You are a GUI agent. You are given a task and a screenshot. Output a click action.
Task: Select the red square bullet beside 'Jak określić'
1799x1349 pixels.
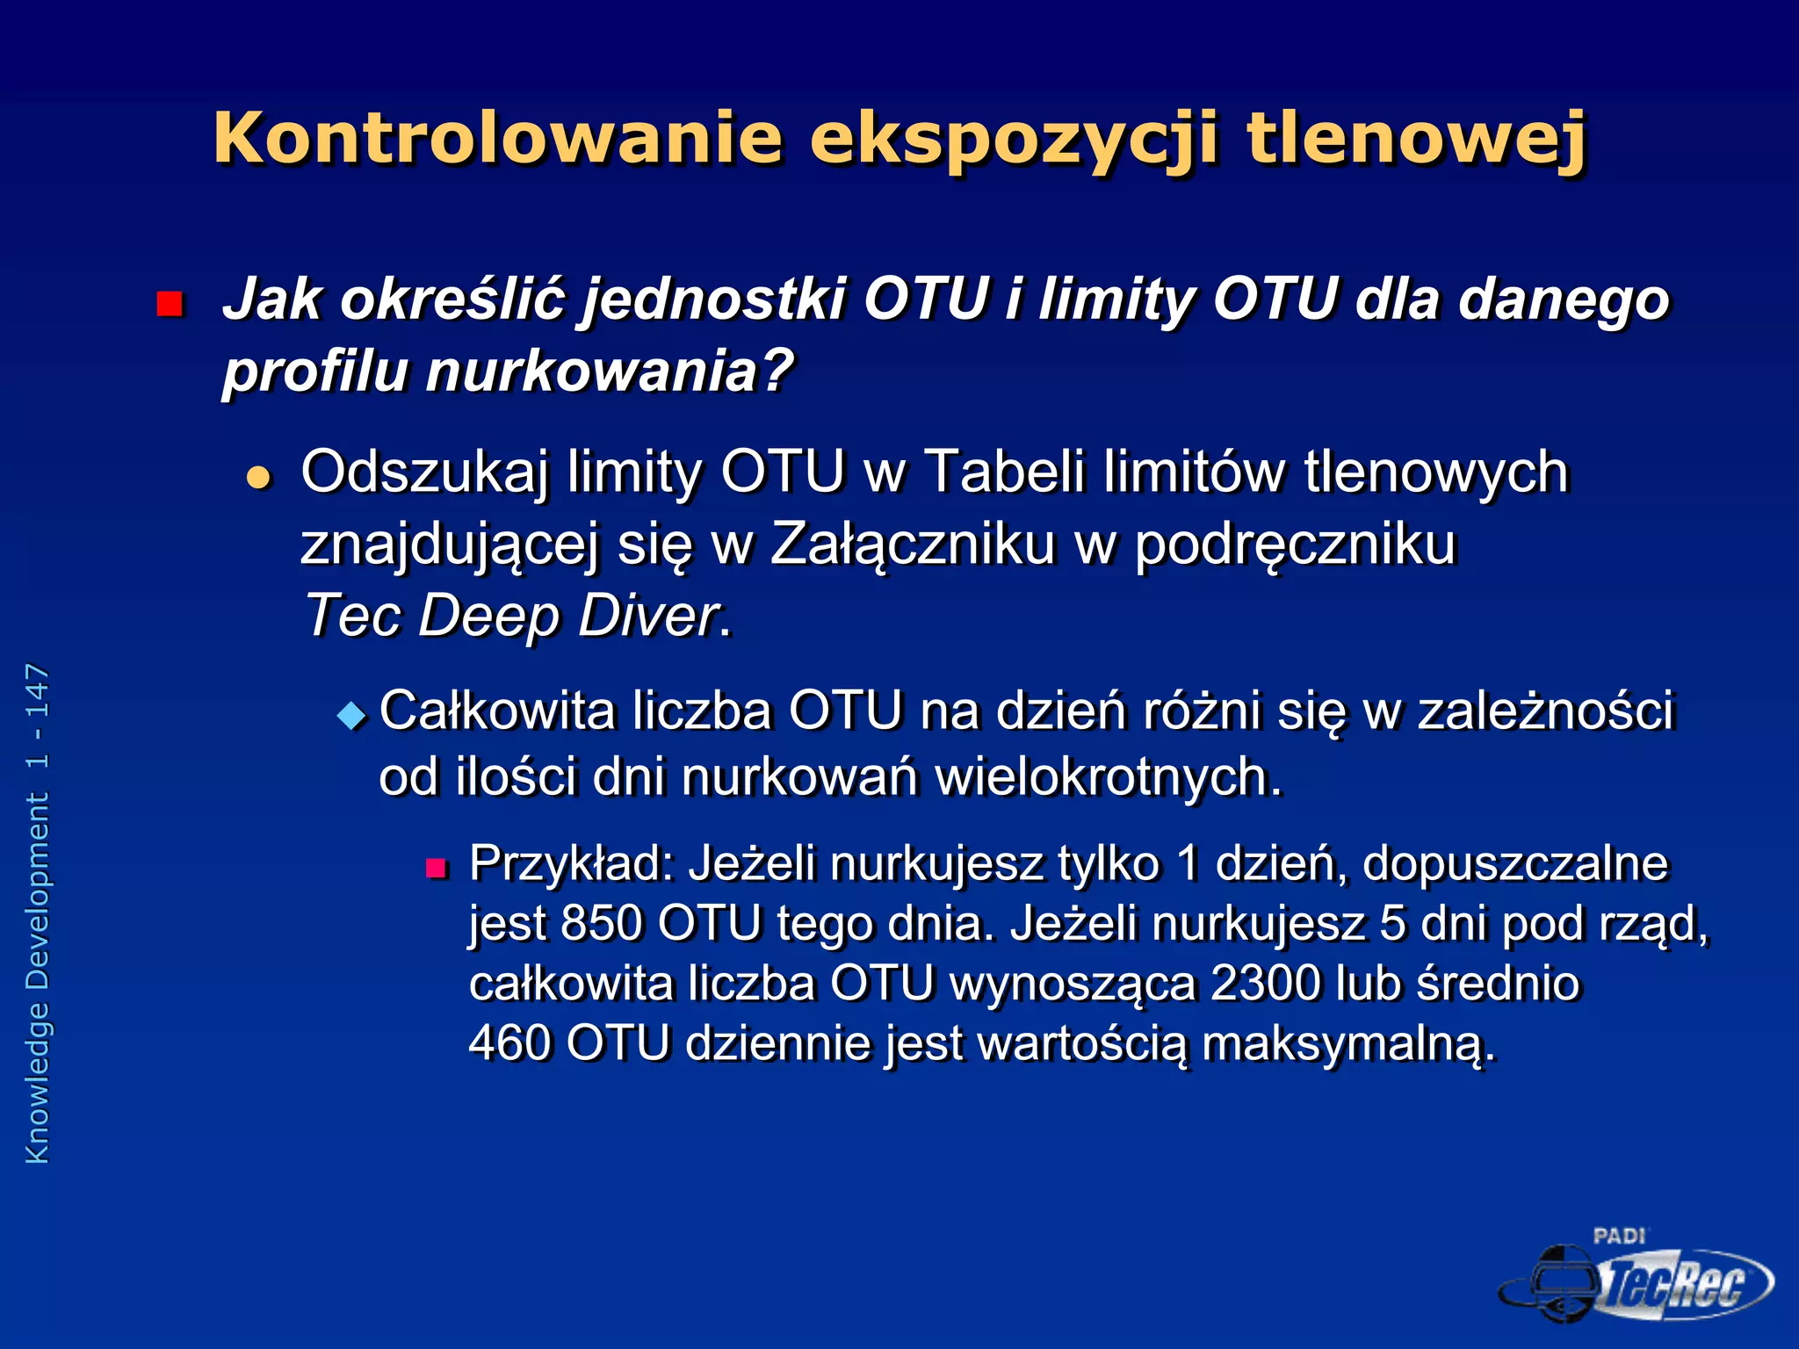click(x=169, y=304)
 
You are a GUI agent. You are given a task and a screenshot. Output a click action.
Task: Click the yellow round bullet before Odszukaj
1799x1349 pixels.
click(x=258, y=478)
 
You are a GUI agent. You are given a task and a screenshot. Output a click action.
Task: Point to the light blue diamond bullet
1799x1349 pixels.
click(x=351, y=715)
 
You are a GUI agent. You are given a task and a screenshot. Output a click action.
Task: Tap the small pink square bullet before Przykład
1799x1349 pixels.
click(x=436, y=869)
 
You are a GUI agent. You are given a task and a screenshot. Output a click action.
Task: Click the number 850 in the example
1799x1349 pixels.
click(x=602, y=924)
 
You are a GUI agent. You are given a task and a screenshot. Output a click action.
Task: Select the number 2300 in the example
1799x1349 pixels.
click(x=1265, y=984)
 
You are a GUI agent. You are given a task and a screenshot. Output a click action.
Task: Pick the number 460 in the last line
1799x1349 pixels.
click(x=509, y=1043)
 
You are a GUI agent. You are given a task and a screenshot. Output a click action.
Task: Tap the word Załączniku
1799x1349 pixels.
click(x=912, y=545)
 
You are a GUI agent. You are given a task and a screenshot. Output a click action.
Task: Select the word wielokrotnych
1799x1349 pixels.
click(x=1109, y=778)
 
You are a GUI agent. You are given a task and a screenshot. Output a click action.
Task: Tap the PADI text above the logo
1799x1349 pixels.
click(x=1619, y=1236)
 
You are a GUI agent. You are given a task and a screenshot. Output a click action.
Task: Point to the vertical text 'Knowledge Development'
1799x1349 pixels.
click(x=37, y=978)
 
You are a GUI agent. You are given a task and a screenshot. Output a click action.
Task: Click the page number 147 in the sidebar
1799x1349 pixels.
click(x=37, y=692)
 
